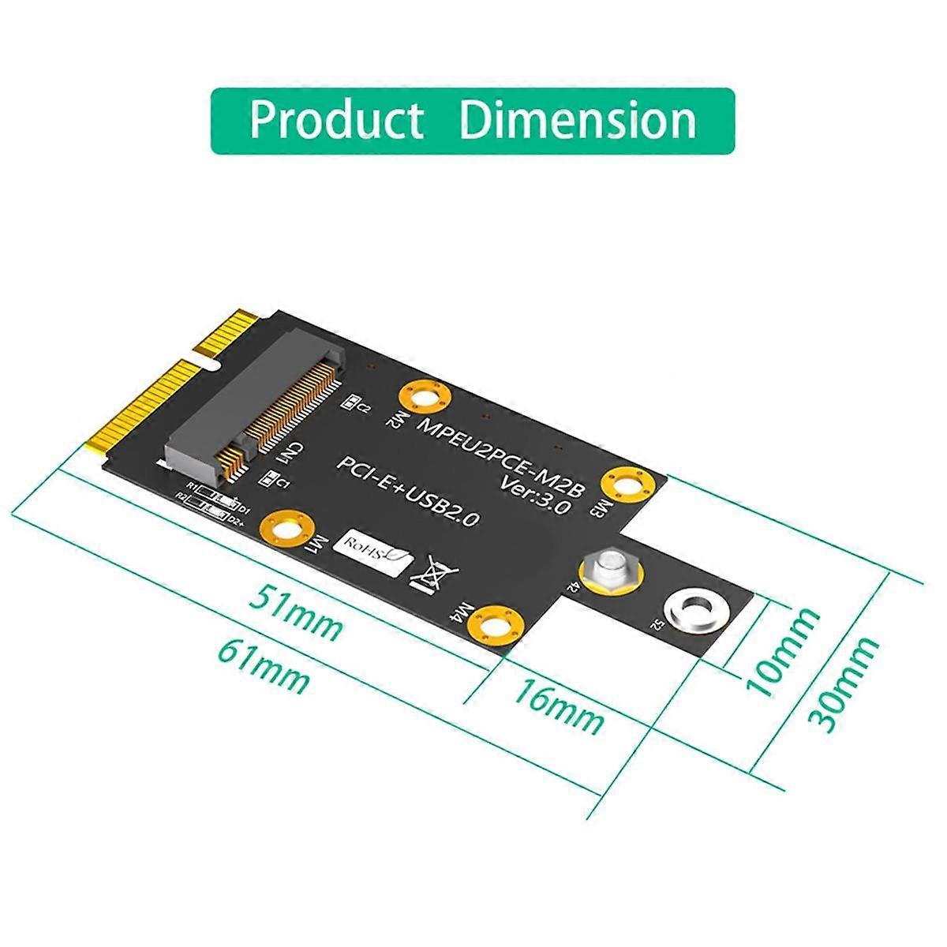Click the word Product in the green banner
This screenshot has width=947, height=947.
pos(336,120)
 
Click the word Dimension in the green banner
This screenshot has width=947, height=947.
pos(578,120)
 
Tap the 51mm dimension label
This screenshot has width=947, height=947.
pos(297,614)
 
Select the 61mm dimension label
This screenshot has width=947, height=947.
pos(265,666)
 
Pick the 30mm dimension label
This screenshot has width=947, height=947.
pos(844,683)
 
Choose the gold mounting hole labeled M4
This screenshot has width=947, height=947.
pos(496,626)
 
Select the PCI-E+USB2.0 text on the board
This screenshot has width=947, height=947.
pos(408,492)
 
